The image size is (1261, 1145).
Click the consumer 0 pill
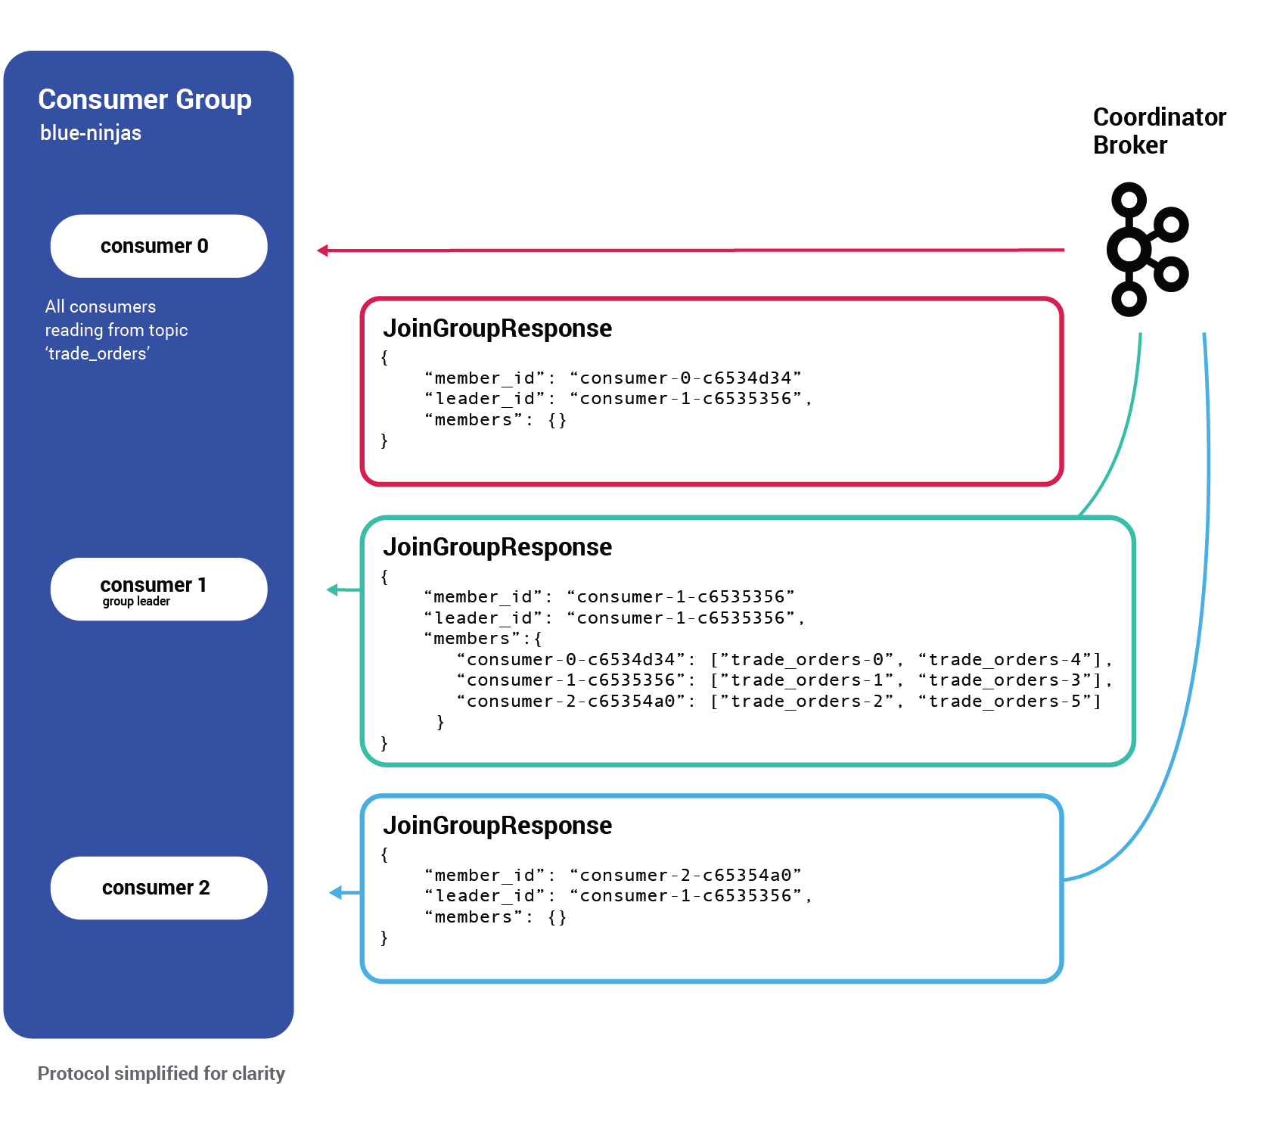[158, 246]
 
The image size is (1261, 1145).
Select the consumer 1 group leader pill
[158, 590]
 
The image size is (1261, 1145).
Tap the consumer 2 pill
[158, 888]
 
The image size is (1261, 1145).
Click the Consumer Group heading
[144, 99]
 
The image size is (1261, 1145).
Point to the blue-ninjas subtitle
[91, 133]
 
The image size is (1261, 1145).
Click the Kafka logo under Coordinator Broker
[1146, 249]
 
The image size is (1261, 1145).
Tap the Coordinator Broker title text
[1158, 131]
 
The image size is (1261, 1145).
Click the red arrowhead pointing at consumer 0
[323, 250]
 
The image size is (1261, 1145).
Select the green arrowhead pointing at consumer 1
[333, 590]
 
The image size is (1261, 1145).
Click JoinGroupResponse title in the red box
[497, 328]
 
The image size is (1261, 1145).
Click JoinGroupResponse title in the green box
[497, 547]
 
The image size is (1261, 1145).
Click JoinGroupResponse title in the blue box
[497, 826]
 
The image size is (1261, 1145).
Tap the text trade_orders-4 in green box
[1005, 660]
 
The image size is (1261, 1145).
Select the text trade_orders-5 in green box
[1005, 702]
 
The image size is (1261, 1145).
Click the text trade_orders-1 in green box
[807, 680]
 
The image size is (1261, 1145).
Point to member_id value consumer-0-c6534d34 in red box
[685, 378]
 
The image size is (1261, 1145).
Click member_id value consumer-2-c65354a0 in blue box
[685, 876]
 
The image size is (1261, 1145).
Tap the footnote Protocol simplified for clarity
[161, 1074]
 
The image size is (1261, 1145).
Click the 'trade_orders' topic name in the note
[98, 353]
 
